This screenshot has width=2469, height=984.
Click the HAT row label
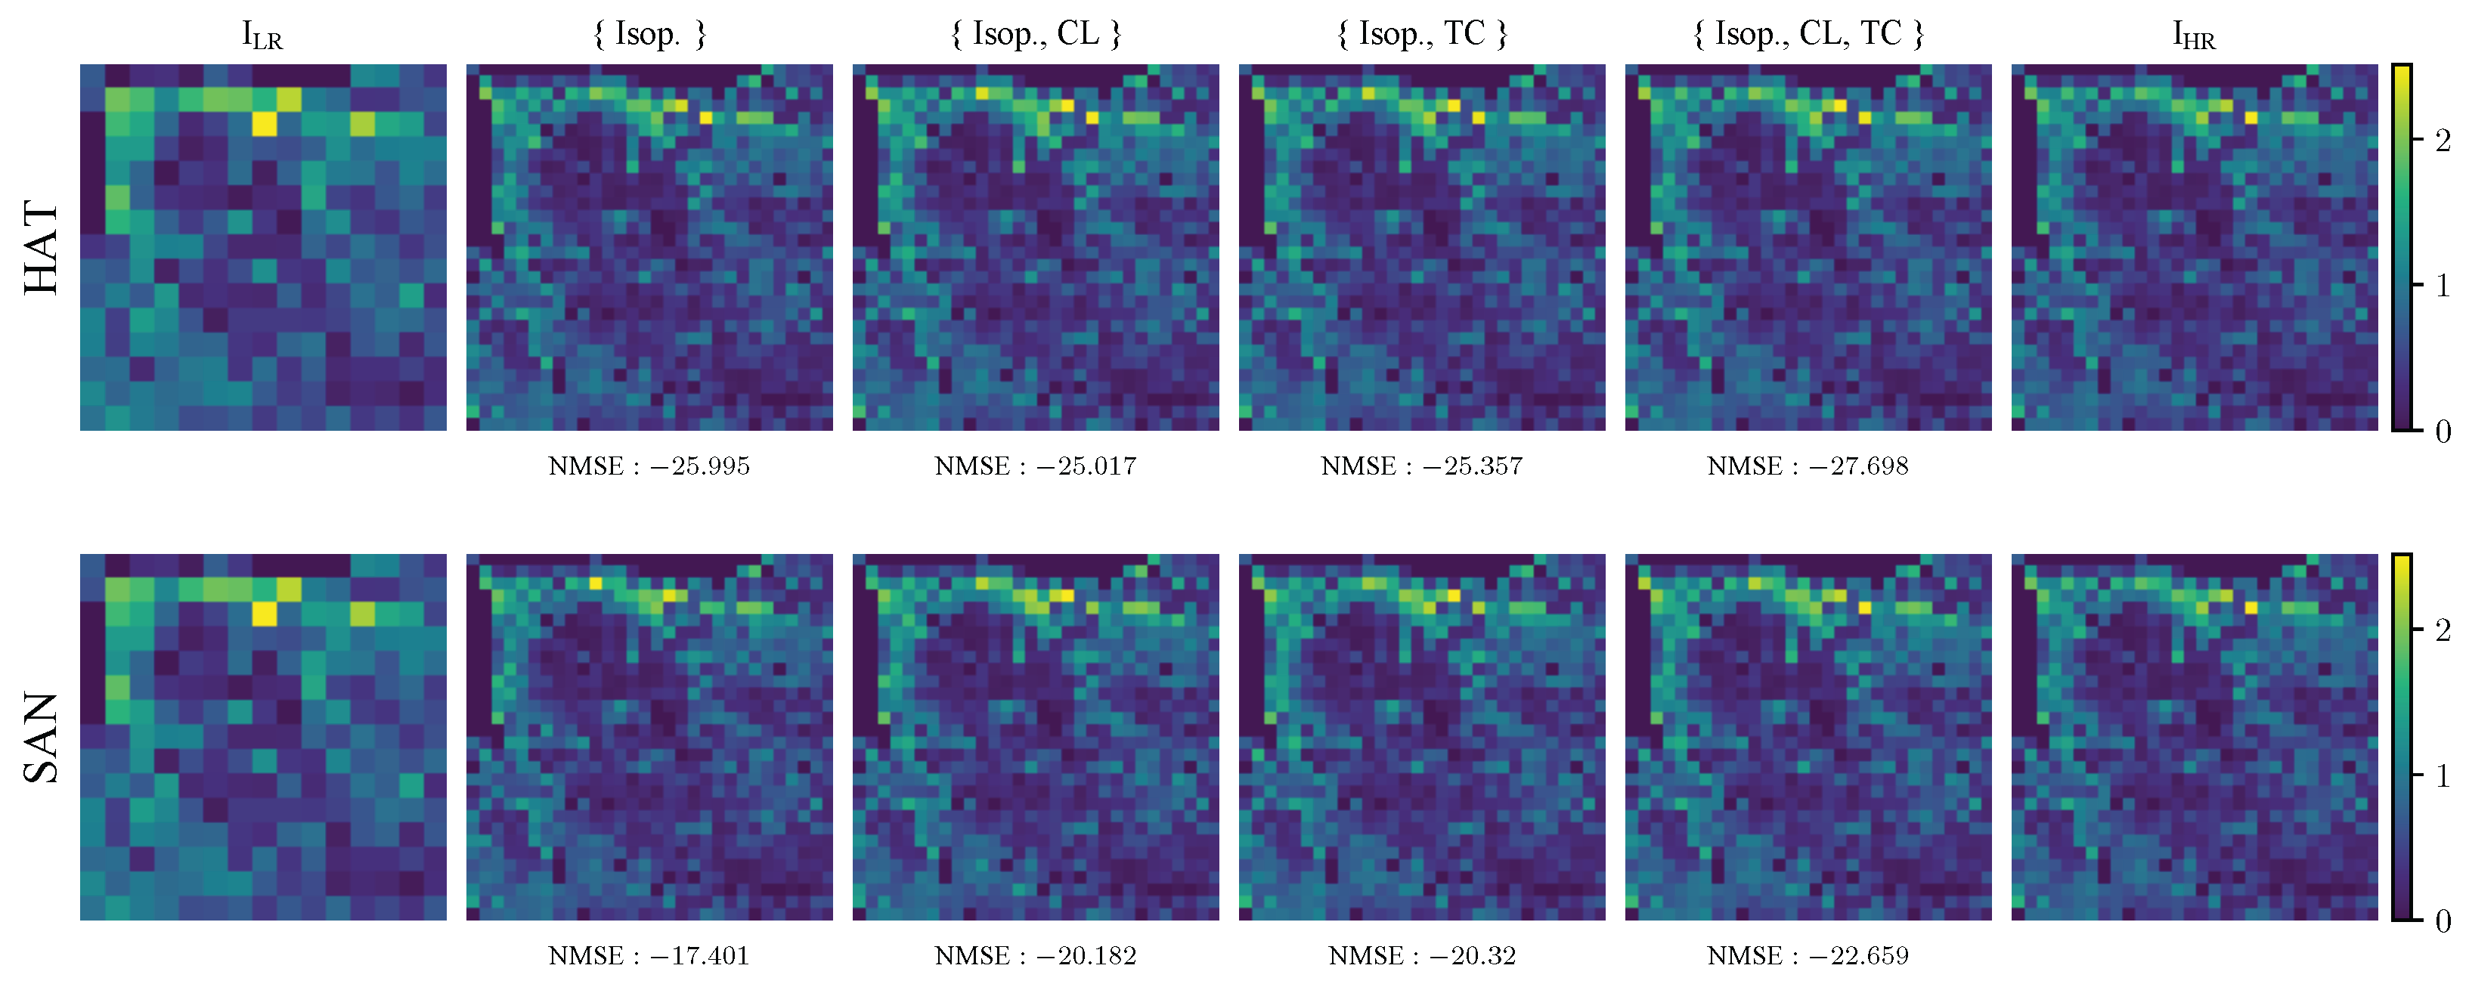pos(42,247)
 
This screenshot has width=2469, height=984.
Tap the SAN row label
pos(42,737)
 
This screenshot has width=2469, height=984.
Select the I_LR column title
pos(262,36)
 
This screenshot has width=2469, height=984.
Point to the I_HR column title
pos(2194,36)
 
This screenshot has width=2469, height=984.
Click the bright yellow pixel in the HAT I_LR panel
pos(265,125)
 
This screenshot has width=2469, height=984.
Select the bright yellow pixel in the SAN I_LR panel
pos(265,613)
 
